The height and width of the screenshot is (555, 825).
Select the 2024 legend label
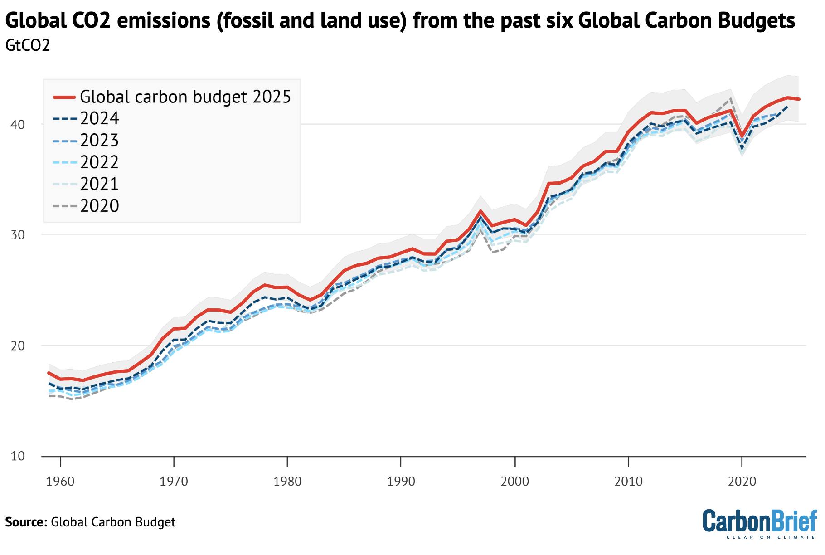pos(99,118)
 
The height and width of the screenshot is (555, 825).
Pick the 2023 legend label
pos(99,140)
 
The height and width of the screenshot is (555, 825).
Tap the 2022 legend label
pos(99,162)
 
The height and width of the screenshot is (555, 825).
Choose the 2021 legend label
pos(99,184)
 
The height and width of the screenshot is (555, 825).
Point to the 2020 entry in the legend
pos(99,205)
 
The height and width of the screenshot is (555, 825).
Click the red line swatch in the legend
pos(64,97)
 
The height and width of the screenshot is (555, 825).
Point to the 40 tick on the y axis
pos(18,124)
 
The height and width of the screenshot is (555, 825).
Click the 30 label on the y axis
pos(18,235)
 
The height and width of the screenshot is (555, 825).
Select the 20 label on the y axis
pos(18,346)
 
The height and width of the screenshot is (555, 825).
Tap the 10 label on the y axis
pos(18,456)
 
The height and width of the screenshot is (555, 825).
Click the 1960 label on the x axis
pos(60,481)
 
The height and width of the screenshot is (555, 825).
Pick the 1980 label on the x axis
pos(287,481)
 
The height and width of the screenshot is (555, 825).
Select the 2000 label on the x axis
pos(514,481)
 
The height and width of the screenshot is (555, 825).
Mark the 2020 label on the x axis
pos(742,481)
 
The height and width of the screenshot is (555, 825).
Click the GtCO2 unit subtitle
pos(27,45)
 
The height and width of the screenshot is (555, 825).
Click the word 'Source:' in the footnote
pos(26,522)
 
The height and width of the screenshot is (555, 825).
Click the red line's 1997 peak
pos(480,211)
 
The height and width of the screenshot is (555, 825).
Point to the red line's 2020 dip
pos(742,136)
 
